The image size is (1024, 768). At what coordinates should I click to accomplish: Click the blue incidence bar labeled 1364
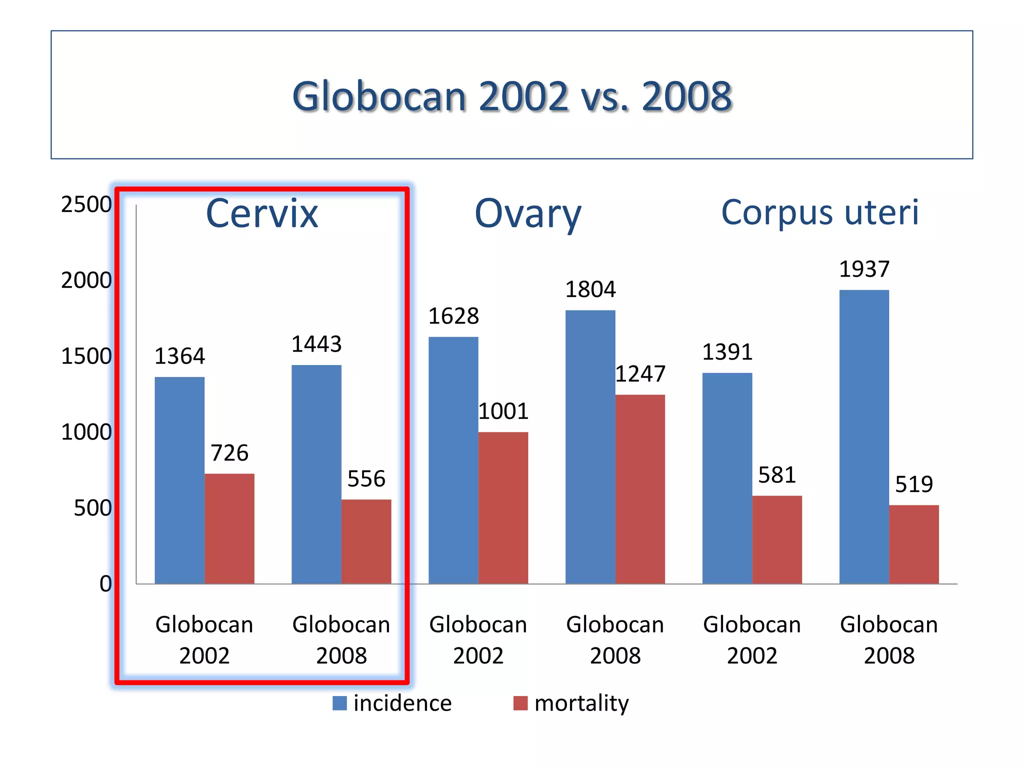179,480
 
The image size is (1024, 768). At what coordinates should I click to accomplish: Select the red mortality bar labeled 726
229,528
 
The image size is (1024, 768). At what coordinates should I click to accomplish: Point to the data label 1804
590,289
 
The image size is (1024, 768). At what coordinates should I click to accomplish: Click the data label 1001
503,411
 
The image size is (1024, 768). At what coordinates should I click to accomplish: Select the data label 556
366,479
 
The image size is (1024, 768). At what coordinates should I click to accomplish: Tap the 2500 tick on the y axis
86,204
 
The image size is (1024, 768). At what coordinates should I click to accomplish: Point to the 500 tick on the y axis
92,508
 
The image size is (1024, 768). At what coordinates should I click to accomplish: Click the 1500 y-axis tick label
86,356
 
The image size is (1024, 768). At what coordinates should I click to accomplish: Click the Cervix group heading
262,214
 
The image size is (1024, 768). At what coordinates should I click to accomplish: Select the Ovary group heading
528,214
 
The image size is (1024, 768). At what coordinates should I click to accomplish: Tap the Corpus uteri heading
820,212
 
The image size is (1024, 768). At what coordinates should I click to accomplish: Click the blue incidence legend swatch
339,703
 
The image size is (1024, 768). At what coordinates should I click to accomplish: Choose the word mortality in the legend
581,703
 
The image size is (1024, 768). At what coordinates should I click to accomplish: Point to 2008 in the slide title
686,96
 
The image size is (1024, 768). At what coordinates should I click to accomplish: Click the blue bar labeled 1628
453,460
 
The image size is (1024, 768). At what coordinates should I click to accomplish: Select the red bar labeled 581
776,539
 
